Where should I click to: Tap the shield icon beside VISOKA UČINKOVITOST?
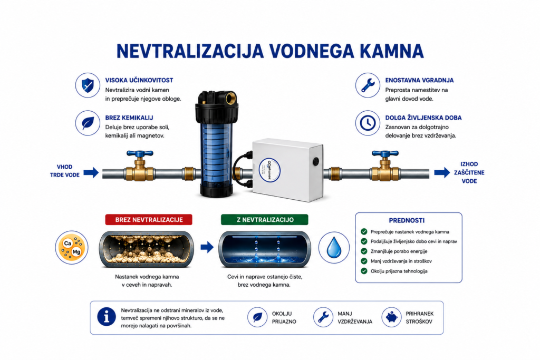click(x=88, y=85)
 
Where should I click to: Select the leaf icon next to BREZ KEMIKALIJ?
click(x=88, y=123)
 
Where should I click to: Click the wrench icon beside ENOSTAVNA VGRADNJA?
click(x=368, y=85)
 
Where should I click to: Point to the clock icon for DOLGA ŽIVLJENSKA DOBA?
click(x=368, y=123)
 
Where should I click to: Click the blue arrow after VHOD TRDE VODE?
click(x=91, y=172)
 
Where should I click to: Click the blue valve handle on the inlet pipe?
click(x=140, y=154)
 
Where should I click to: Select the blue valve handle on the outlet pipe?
click(x=385, y=154)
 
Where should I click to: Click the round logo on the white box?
click(x=269, y=170)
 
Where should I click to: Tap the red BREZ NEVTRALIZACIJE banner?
click(x=149, y=220)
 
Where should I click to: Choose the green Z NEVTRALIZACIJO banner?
click(x=265, y=220)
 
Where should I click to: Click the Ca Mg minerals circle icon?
click(x=72, y=247)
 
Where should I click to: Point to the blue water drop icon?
click(x=334, y=247)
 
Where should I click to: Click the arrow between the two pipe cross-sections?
click(x=207, y=247)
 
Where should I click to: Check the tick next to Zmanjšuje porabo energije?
click(x=364, y=251)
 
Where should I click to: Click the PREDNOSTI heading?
click(x=407, y=221)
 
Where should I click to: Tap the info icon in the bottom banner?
click(x=107, y=317)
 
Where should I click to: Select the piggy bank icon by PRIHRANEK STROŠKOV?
click(x=392, y=317)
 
